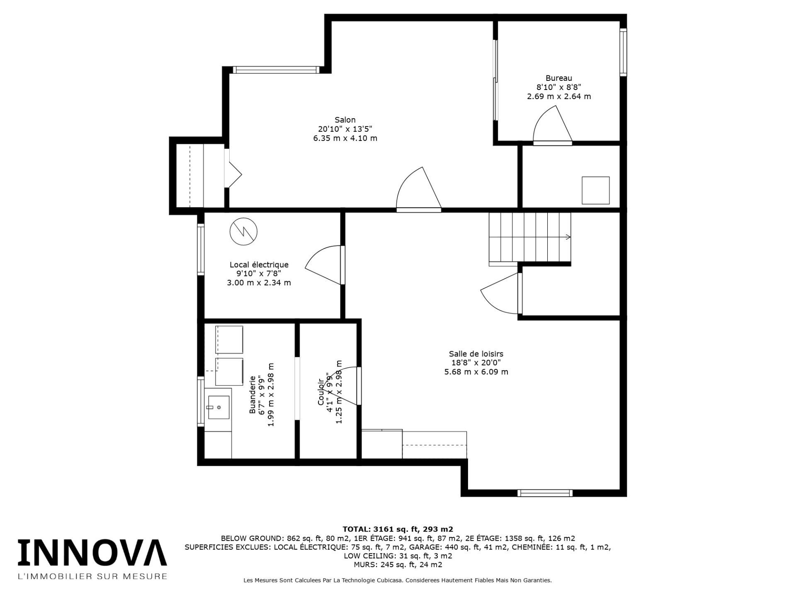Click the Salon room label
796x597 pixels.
pyautogui.click(x=345, y=120)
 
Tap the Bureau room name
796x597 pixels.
pyautogui.click(x=558, y=78)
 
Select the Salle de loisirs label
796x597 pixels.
pyautogui.click(x=476, y=354)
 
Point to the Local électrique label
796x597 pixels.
pyautogui.click(x=259, y=265)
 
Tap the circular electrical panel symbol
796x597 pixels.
pyautogui.click(x=243, y=231)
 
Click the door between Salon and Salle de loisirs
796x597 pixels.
pyautogui.click(x=418, y=191)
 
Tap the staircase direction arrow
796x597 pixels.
pyautogui.click(x=567, y=237)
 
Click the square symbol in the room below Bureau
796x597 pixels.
pyautogui.click(x=595, y=190)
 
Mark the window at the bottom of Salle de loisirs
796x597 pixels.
pyautogui.click(x=545, y=493)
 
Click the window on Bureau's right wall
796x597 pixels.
pyautogui.click(x=623, y=52)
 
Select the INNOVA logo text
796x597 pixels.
pyautogui.click(x=92, y=553)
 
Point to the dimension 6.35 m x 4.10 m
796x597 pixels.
pyautogui.click(x=345, y=138)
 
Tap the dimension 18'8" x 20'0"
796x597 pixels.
pyautogui.click(x=476, y=363)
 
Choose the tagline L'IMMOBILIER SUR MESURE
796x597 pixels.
pyautogui.click(x=92, y=576)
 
